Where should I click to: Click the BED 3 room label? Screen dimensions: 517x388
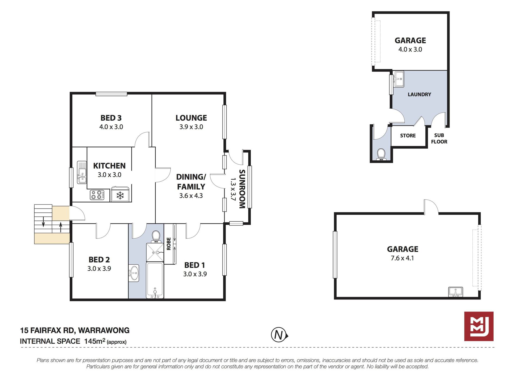[x=111, y=118]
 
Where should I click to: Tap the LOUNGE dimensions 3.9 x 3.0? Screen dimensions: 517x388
[x=191, y=127]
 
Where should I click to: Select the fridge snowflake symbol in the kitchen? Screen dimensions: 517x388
[x=120, y=195]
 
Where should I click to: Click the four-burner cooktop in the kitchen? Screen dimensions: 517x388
[x=97, y=195]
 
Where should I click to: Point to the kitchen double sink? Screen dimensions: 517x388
[x=82, y=172]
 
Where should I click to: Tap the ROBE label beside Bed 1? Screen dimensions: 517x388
[x=169, y=244]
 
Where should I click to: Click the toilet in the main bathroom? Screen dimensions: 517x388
[x=156, y=236]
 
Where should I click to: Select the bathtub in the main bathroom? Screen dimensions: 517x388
[x=155, y=280]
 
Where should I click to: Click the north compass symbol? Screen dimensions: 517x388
[x=279, y=335]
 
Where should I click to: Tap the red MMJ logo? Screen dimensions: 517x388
[x=479, y=326]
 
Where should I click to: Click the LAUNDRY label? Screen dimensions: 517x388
[x=419, y=94]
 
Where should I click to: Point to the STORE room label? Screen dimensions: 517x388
[x=408, y=136]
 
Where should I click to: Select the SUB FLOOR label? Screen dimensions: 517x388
[x=439, y=139]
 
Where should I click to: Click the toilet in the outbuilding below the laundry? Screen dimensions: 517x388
[x=381, y=154]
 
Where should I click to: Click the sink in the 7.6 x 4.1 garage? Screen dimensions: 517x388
[x=456, y=292]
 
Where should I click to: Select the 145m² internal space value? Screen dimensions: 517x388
[x=95, y=341]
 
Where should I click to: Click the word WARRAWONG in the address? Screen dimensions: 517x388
[x=104, y=331]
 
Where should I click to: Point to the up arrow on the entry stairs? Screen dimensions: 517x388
[x=61, y=227]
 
